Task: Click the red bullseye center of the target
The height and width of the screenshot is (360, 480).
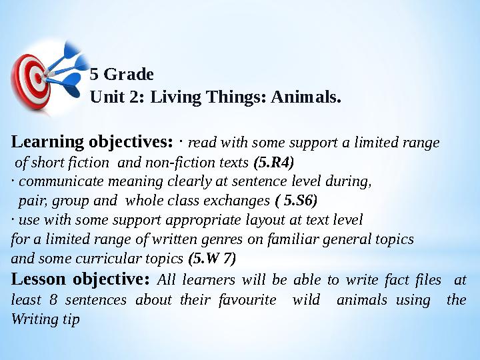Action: tap(38, 78)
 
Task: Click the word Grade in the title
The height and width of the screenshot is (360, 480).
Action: tap(129, 75)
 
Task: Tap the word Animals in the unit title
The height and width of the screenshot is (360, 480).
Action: tap(306, 97)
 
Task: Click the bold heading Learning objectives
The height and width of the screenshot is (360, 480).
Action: tap(92, 142)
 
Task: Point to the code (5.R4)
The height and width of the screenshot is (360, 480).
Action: tap(274, 163)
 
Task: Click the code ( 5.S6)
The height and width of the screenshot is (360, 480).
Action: tap(296, 201)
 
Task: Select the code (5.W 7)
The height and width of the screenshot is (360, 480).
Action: tap(212, 259)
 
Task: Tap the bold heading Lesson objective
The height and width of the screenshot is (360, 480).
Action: tap(80, 279)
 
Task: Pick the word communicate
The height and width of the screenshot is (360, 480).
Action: tap(61, 181)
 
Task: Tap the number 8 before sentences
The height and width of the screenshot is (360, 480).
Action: tap(53, 300)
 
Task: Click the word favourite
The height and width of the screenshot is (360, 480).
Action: tap(247, 300)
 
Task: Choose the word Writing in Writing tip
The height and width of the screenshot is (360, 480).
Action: tap(35, 319)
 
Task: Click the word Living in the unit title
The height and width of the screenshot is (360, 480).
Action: tap(176, 97)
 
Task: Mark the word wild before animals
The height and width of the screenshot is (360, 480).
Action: tap(306, 299)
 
